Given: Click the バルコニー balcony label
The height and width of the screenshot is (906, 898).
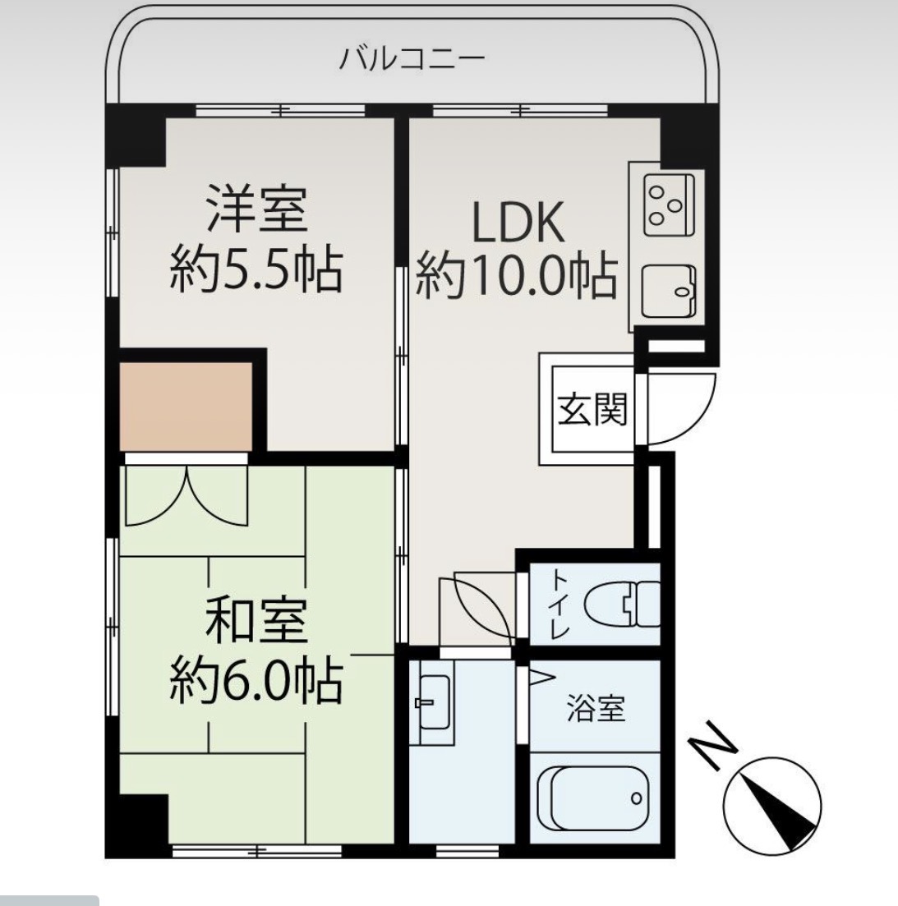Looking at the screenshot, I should pos(412,59).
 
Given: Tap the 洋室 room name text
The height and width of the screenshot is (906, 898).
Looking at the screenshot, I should pos(256,210).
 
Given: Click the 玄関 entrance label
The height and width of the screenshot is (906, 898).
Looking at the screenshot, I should pos(592,408).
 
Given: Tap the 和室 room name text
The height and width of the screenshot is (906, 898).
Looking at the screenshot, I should pos(256,622).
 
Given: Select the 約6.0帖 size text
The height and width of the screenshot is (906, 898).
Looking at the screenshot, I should pos(256,680).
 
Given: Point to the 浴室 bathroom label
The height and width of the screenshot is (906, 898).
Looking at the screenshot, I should pos(596,708).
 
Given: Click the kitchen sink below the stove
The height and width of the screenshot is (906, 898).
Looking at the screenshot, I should pos(668,292).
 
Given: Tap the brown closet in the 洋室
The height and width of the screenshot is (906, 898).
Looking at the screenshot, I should pos(187,406).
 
